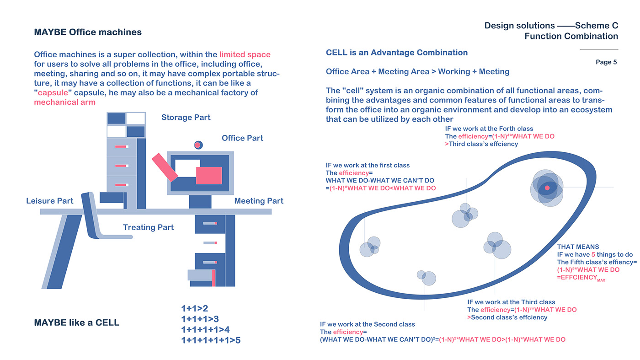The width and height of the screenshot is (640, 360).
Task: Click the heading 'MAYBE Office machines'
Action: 88,32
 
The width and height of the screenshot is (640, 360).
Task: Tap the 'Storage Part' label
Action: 186,118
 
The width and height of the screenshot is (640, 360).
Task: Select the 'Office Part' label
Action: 242,138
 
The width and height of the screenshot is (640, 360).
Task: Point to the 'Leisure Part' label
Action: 49,201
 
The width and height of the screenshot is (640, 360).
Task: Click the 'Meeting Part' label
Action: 259,201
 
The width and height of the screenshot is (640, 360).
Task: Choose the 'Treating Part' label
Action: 148,227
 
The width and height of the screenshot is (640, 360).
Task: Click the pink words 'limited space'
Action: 245,54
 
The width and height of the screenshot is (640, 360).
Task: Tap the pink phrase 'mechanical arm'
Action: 64,102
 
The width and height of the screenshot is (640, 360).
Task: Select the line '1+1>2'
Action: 194,308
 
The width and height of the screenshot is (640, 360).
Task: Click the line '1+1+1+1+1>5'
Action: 210,340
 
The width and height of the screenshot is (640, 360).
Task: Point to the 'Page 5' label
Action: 606,62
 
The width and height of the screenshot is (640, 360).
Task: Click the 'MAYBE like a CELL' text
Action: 76,322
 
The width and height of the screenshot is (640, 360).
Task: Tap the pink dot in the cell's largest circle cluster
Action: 547,188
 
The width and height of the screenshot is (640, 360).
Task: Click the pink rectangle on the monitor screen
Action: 209,176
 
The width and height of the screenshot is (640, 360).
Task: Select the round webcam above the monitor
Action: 198,145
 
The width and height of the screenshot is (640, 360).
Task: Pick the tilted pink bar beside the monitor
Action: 165,167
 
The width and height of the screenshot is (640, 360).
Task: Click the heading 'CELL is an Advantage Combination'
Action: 396,53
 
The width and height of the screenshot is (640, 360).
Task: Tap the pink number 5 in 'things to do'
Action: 593,255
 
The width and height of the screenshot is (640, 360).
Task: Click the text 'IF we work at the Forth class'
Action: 489,129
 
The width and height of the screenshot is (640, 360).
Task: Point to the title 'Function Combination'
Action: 571,37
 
